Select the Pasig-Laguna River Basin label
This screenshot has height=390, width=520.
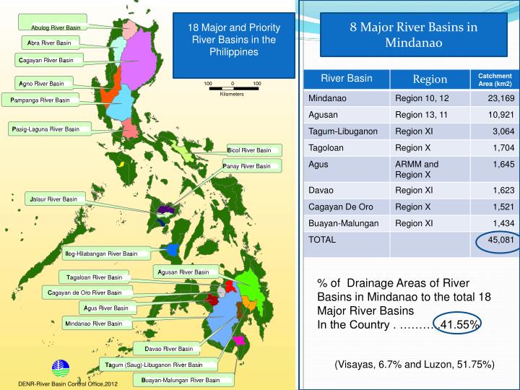[45, 129]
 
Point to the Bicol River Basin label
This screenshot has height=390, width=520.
[249, 150]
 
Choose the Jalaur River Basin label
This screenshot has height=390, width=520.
[53, 199]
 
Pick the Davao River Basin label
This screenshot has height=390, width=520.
[168, 349]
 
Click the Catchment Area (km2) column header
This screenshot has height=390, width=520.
[495, 79]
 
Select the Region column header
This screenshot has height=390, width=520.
[430, 79]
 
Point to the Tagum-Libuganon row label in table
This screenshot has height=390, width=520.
[343, 131]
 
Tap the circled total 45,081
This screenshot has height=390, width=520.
[498, 240]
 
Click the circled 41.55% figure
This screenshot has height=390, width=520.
[460, 324]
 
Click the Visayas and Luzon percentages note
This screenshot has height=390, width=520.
[414, 365]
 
